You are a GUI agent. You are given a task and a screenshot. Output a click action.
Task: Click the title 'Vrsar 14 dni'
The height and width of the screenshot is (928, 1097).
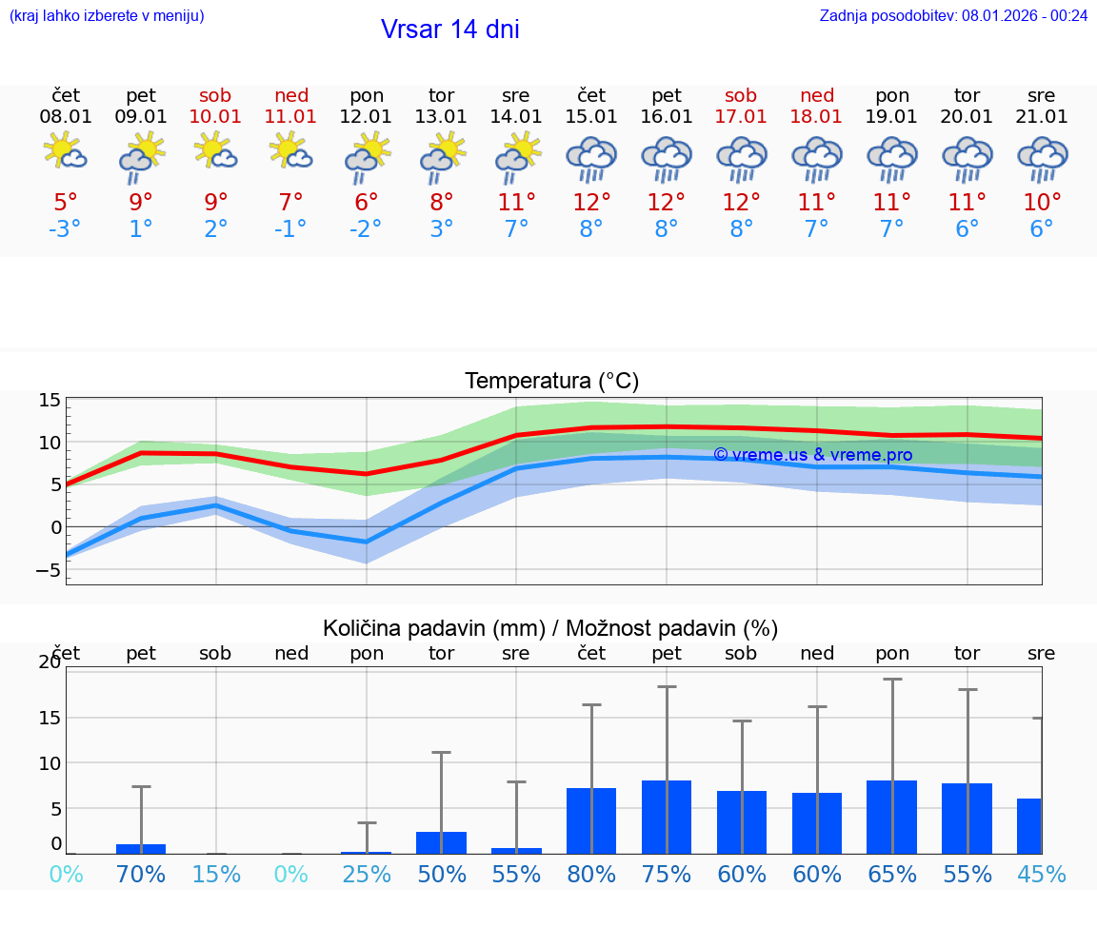449,30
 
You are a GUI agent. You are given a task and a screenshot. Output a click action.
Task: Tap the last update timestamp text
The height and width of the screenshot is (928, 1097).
953,15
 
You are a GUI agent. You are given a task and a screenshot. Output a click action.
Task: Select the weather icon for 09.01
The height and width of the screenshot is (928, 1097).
141,156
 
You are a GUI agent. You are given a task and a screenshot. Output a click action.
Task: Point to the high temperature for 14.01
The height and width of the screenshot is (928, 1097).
516,202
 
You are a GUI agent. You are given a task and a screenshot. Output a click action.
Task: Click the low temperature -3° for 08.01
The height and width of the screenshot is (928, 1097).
65,228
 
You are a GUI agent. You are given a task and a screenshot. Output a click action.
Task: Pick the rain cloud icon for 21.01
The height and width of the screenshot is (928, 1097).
1042,158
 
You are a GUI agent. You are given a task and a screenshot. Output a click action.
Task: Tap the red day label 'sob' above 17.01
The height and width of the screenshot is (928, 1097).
741,95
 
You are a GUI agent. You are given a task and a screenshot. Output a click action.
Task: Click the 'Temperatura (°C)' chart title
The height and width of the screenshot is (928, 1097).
551,381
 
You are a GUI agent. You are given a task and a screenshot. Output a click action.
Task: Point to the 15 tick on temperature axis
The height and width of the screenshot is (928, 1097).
50,400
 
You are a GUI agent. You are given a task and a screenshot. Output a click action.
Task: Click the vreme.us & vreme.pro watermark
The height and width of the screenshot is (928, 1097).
812,455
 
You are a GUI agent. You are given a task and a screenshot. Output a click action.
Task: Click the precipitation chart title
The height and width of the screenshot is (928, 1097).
550,628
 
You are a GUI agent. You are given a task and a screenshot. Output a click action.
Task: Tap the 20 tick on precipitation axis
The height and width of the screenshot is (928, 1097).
50,662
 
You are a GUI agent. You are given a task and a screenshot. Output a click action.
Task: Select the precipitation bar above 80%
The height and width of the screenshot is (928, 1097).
591,820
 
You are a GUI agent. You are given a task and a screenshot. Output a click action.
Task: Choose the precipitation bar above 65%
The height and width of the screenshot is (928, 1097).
892,817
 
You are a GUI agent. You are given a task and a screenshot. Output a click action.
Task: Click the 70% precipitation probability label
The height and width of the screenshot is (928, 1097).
141,874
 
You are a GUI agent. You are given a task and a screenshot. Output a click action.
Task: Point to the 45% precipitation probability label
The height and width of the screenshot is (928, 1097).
1041,874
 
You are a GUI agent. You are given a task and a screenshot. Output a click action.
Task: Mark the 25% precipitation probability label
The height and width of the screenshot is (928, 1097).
367,874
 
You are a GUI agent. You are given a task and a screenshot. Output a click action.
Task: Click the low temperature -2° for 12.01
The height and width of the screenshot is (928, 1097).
366,228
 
